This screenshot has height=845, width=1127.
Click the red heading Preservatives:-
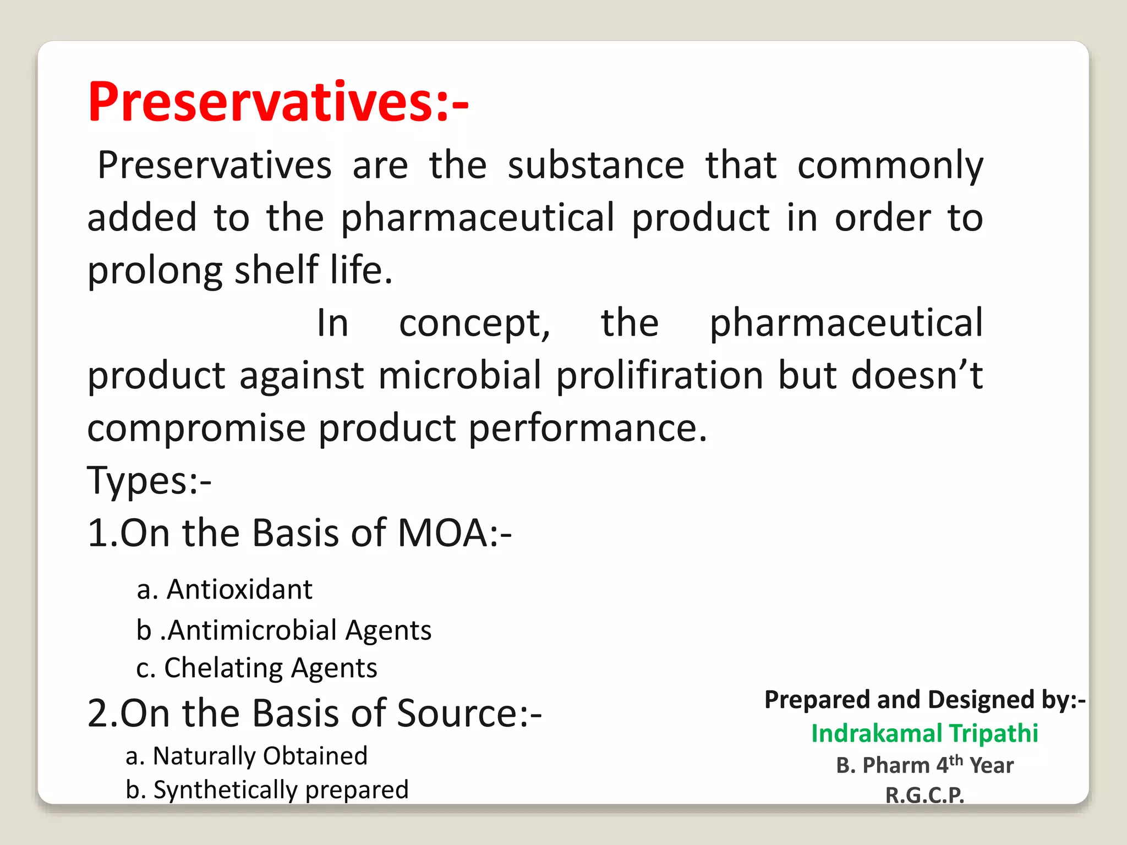(x=278, y=102)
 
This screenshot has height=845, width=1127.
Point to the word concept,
(x=474, y=323)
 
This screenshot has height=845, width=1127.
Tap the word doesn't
(x=916, y=376)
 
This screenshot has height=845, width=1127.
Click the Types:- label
(x=149, y=480)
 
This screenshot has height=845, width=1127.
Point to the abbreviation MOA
(x=442, y=533)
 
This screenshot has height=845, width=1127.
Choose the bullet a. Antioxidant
(x=225, y=590)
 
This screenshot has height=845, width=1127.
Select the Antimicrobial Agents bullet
(x=284, y=630)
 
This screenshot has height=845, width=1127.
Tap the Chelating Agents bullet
(x=257, y=668)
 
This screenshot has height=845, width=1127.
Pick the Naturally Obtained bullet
(x=247, y=756)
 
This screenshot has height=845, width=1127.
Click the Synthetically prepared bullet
(x=267, y=790)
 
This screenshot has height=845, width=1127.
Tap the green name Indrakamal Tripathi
(x=924, y=733)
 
